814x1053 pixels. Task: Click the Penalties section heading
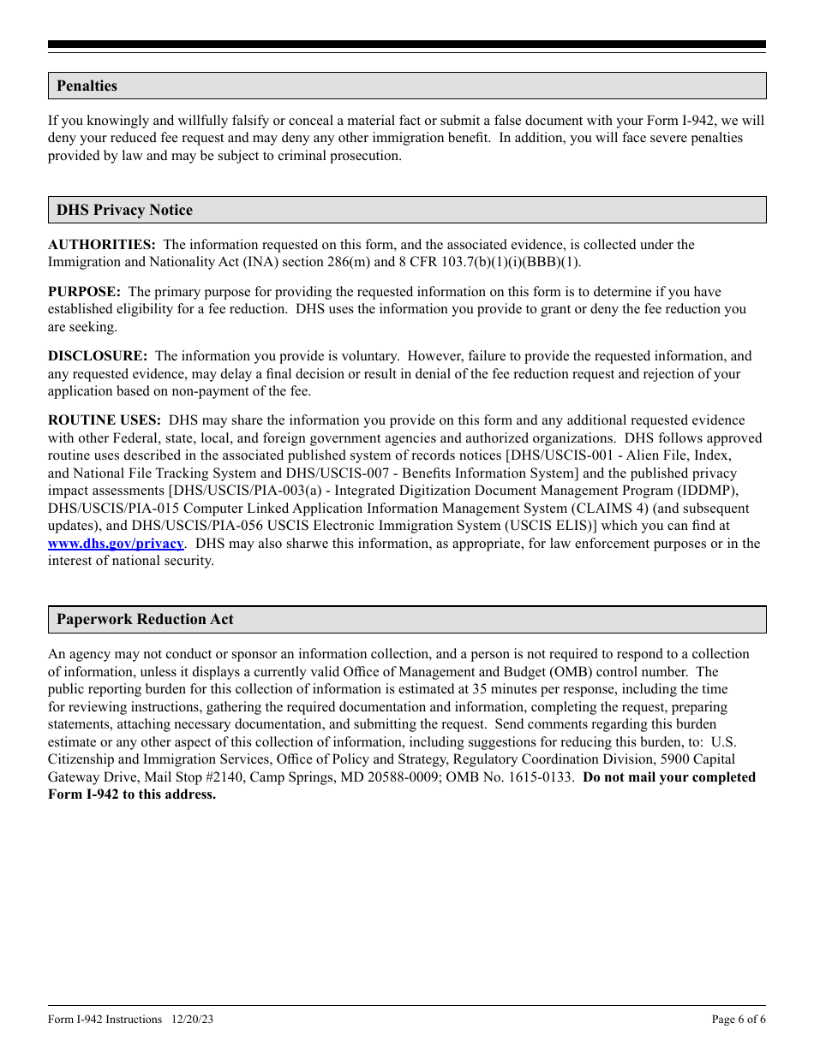[x=87, y=86]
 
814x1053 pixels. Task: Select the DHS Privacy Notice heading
[x=124, y=210]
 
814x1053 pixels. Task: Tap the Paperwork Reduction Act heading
[x=145, y=619]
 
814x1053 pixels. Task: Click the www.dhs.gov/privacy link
[x=116, y=544]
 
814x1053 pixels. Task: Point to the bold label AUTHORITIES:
[x=101, y=245]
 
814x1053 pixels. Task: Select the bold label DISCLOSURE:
[x=98, y=356]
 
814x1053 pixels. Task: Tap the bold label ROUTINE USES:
[x=105, y=420]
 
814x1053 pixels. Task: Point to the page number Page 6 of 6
[x=739, y=1020]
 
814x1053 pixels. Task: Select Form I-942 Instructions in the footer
[x=105, y=1020]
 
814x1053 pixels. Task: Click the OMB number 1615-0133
[x=544, y=777]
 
